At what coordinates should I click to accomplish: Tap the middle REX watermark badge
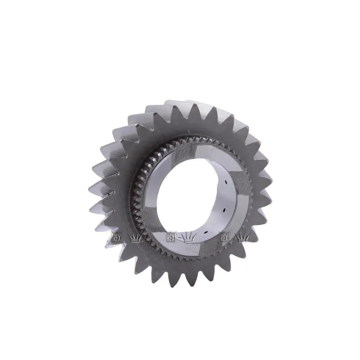[171, 237]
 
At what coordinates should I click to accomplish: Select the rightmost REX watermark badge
[224, 237]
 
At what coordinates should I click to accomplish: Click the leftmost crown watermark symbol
[136, 237]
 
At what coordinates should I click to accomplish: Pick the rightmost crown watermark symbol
[243, 237]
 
